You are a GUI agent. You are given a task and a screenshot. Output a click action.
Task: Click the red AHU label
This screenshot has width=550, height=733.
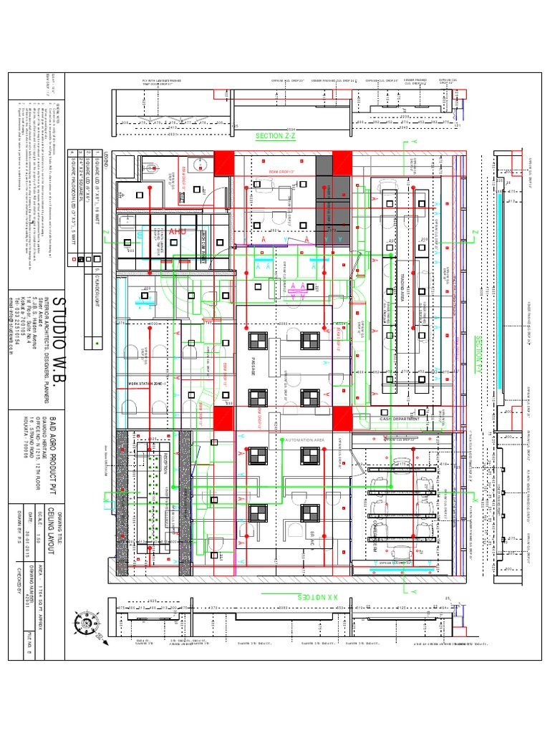[177, 231]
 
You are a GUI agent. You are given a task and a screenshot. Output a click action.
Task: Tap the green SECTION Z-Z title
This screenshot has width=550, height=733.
[275, 135]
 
